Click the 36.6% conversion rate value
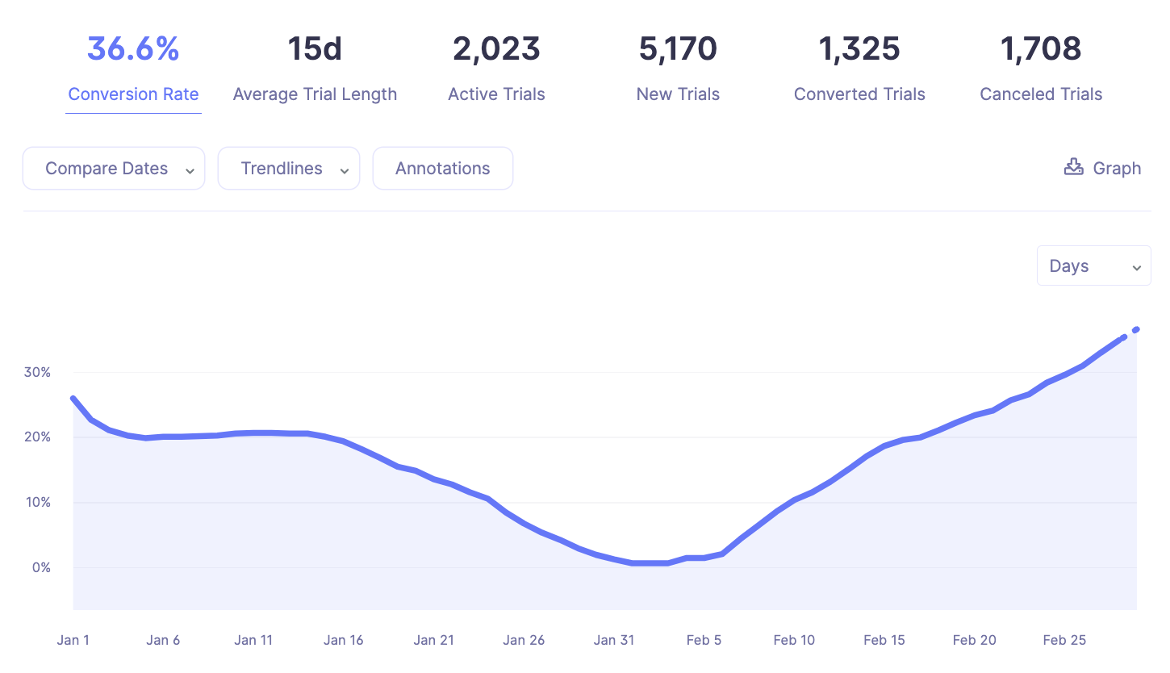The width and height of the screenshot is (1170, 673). point(133,49)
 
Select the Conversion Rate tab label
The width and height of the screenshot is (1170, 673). point(133,94)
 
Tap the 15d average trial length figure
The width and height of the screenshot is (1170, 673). point(315,49)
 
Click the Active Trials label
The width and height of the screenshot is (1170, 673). point(496,94)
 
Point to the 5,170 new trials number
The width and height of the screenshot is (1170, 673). point(678,49)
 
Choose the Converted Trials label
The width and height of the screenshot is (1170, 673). point(859,94)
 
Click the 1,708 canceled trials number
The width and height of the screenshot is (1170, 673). point(1041,49)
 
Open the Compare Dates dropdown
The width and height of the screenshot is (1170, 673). point(114,169)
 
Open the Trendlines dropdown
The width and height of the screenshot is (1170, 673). point(289,169)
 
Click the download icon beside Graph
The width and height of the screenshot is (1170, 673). point(1073,167)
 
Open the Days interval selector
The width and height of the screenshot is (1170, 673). point(1093,266)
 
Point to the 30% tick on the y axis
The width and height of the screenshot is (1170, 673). point(37,372)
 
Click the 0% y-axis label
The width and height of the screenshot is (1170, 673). point(40,567)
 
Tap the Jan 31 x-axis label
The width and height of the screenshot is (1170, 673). point(614,641)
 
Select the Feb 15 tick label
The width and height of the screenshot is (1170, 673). point(884,641)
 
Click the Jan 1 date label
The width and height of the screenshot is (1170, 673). point(73,641)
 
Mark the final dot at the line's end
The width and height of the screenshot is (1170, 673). point(1136,329)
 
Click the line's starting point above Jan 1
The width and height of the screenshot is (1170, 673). point(73,399)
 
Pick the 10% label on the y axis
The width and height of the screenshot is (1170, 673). point(37,502)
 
